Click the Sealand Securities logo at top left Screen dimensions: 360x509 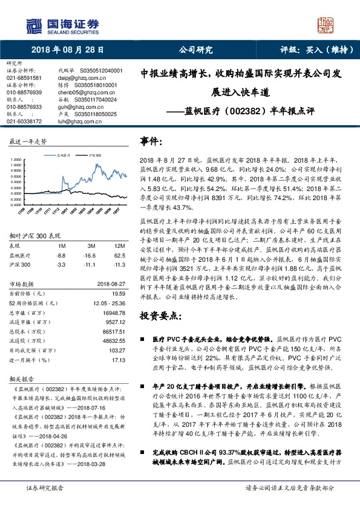click(54, 25)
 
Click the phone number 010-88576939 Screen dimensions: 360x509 click(24, 92)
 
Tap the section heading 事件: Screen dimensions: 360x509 click(152, 140)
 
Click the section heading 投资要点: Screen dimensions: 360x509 click(160, 316)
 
